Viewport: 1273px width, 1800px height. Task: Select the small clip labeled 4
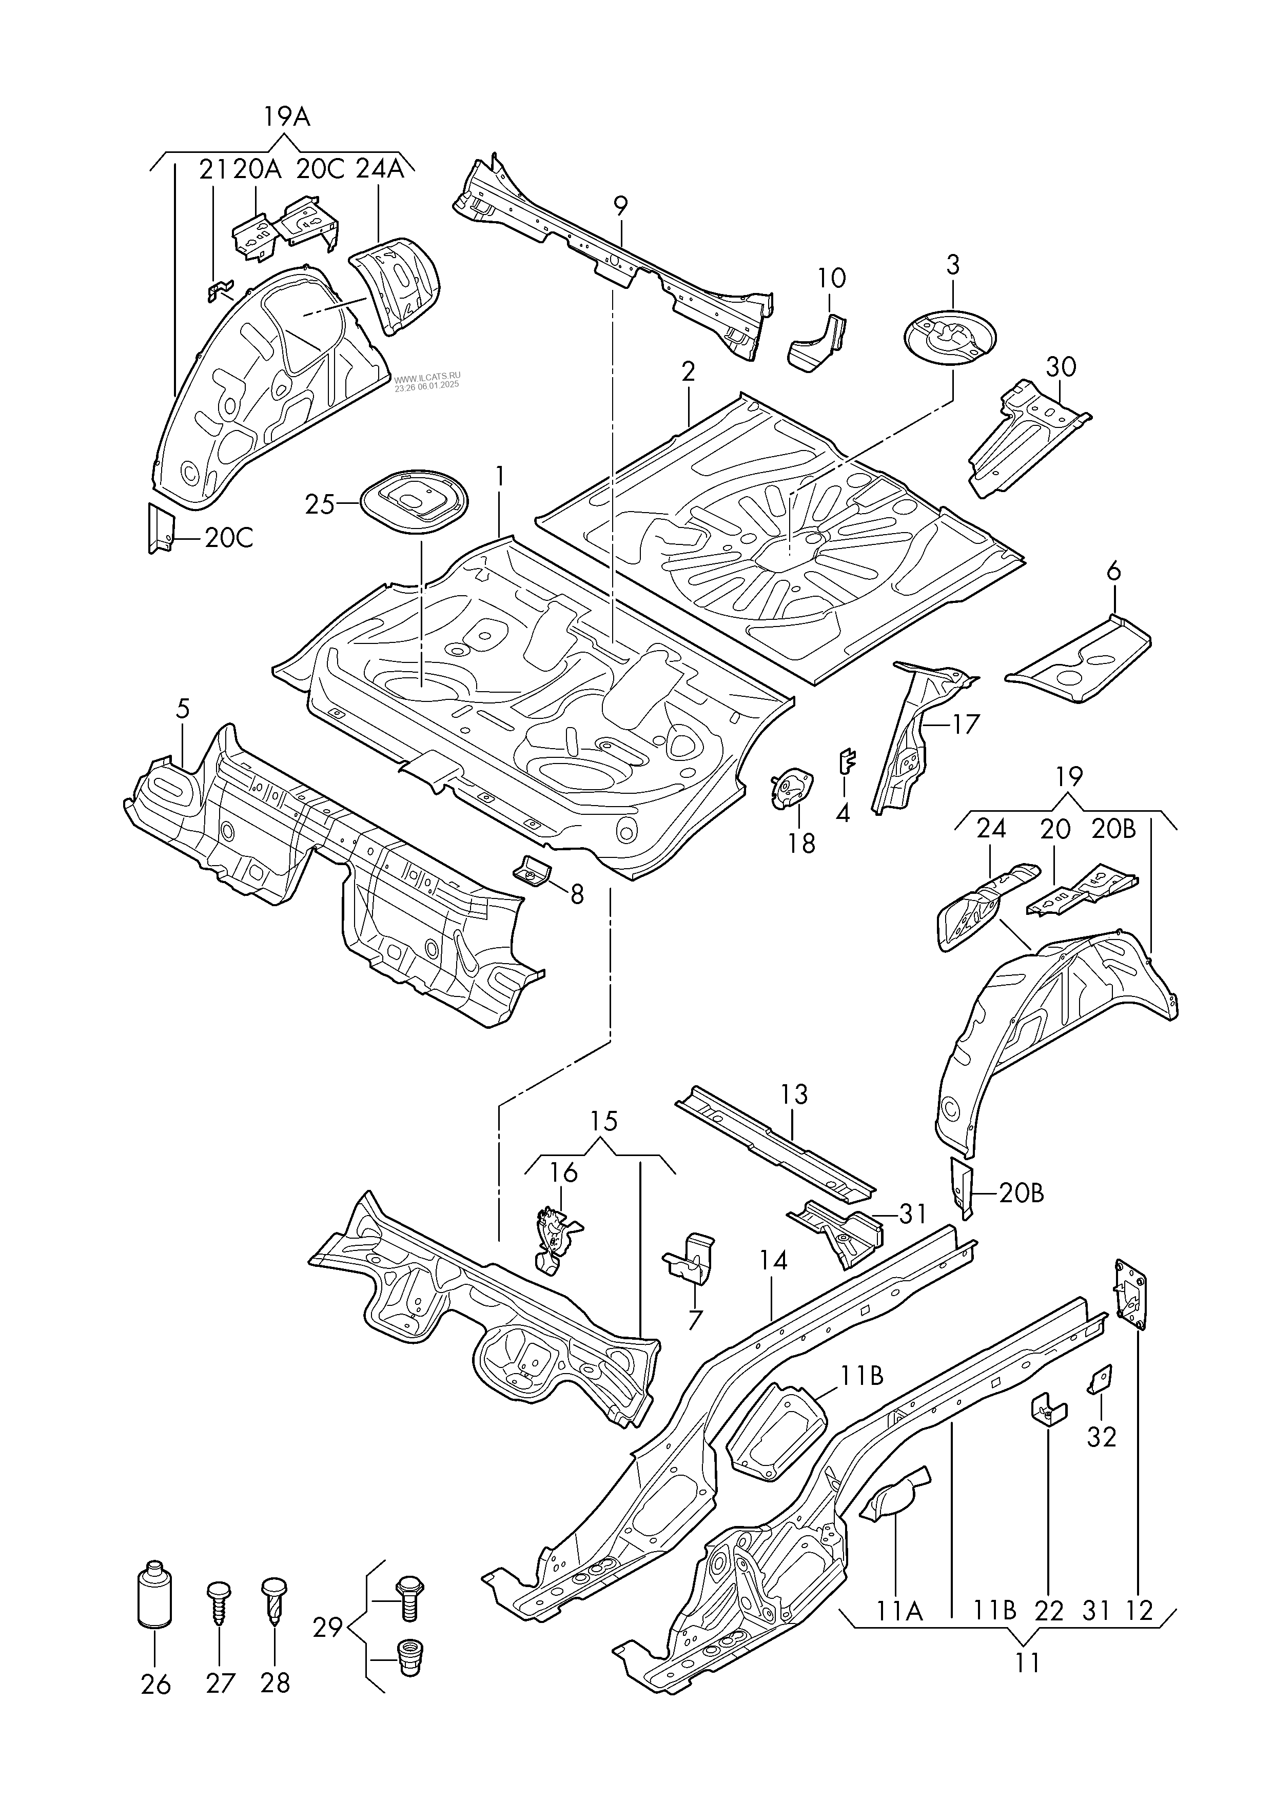pos(847,760)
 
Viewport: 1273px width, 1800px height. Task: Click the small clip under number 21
pos(219,291)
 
